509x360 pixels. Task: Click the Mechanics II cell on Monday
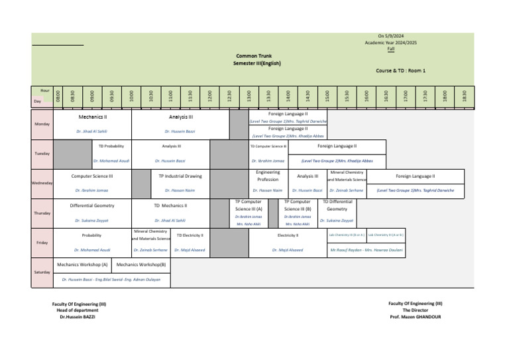tap(92, 117)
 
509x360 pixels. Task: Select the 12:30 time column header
tap(229, 96)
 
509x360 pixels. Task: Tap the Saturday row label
tap(41, 272)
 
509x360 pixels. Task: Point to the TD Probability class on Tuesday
tap(111, 146)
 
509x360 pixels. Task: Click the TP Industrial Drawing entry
tap(180, 176)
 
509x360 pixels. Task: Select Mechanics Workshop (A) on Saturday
tap(83, 264)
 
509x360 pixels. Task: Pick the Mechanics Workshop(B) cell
tap(141, 264)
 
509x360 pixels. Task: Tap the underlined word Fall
tap(390, 49)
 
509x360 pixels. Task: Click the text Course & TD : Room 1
tap(400, 70)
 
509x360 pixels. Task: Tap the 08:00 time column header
tap(58, 96)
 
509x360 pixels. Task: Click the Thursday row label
tap(41, 213)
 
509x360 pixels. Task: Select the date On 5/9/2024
tap(390, 36)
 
